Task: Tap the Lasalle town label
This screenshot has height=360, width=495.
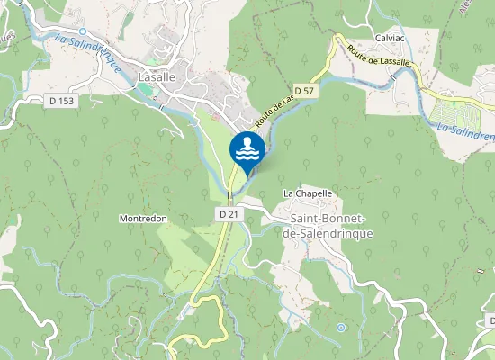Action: [x=157, y=78]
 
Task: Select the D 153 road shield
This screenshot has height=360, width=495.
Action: [x=60, y=101]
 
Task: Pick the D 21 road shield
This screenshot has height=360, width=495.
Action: [x=229, y=213]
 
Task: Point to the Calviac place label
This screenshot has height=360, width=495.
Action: [x=390, y=38]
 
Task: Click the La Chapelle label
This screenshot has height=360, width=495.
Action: [x=308, y=193]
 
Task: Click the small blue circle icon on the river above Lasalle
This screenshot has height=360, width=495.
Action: [x=82, y=31]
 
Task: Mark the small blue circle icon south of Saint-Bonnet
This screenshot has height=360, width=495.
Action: [x=341, y=328]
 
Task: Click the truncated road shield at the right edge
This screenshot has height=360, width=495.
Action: [x=491, y=320]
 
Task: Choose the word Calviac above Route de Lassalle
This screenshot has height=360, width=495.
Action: [x=390, y=38]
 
